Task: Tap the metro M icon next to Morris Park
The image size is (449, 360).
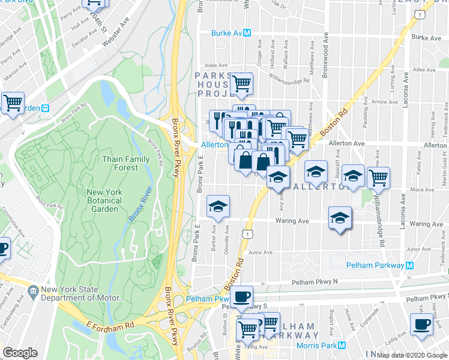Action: [342, 346]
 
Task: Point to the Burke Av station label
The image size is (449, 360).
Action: [228, 33]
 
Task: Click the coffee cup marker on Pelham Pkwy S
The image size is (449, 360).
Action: [242, 296]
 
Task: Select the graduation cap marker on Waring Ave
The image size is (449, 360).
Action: [340, 217]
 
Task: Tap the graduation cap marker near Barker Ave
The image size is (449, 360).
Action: [218, 206]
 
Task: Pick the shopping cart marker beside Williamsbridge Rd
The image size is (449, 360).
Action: [378, 177]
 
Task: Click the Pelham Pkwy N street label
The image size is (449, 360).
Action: [315, 281]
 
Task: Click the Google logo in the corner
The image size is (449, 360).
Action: [20, 353]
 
